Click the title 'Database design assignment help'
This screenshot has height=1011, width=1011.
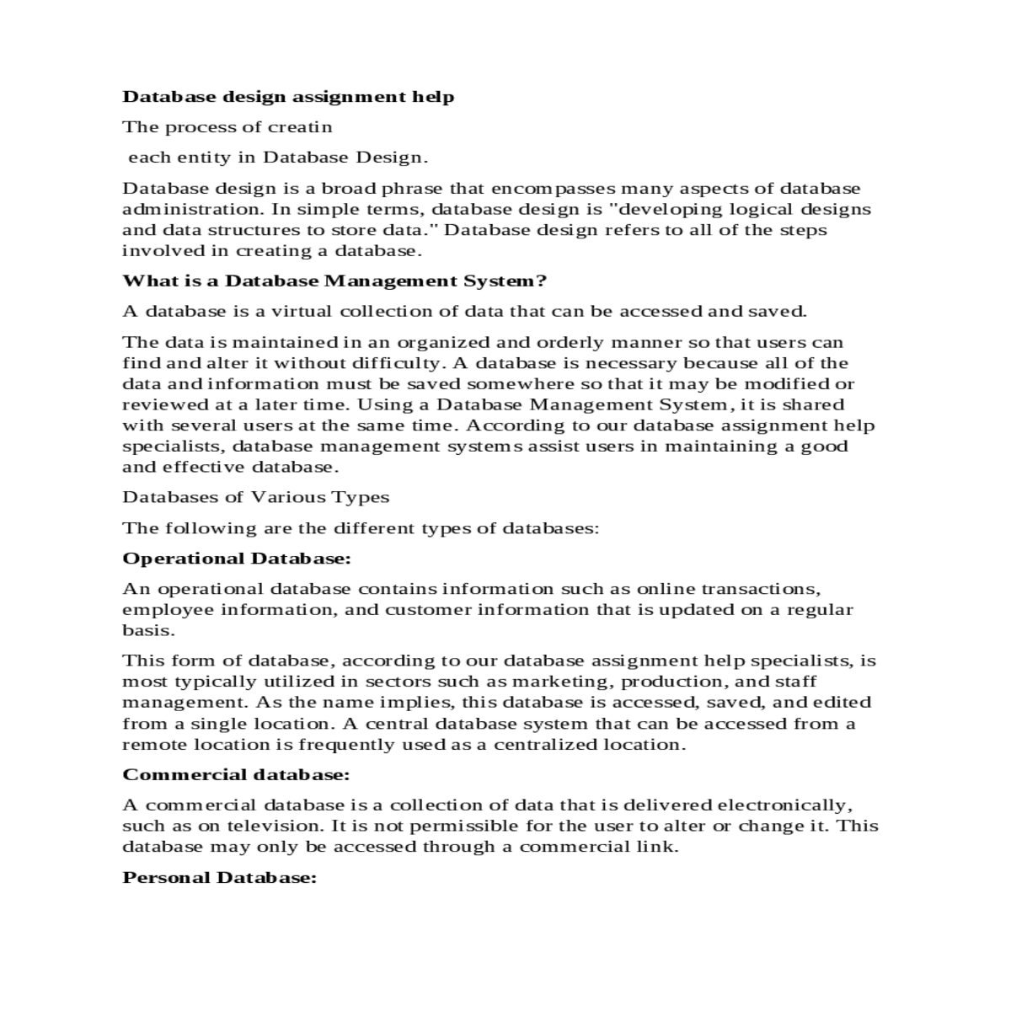pos(288,97)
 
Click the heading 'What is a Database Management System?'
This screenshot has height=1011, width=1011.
pos(334,281)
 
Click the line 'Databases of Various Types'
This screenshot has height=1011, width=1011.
pos(255,497)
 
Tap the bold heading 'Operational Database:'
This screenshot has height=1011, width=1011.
pos(237,559)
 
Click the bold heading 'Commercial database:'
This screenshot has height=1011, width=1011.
pos(236,774)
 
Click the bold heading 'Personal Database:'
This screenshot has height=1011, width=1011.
pos(220,878)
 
